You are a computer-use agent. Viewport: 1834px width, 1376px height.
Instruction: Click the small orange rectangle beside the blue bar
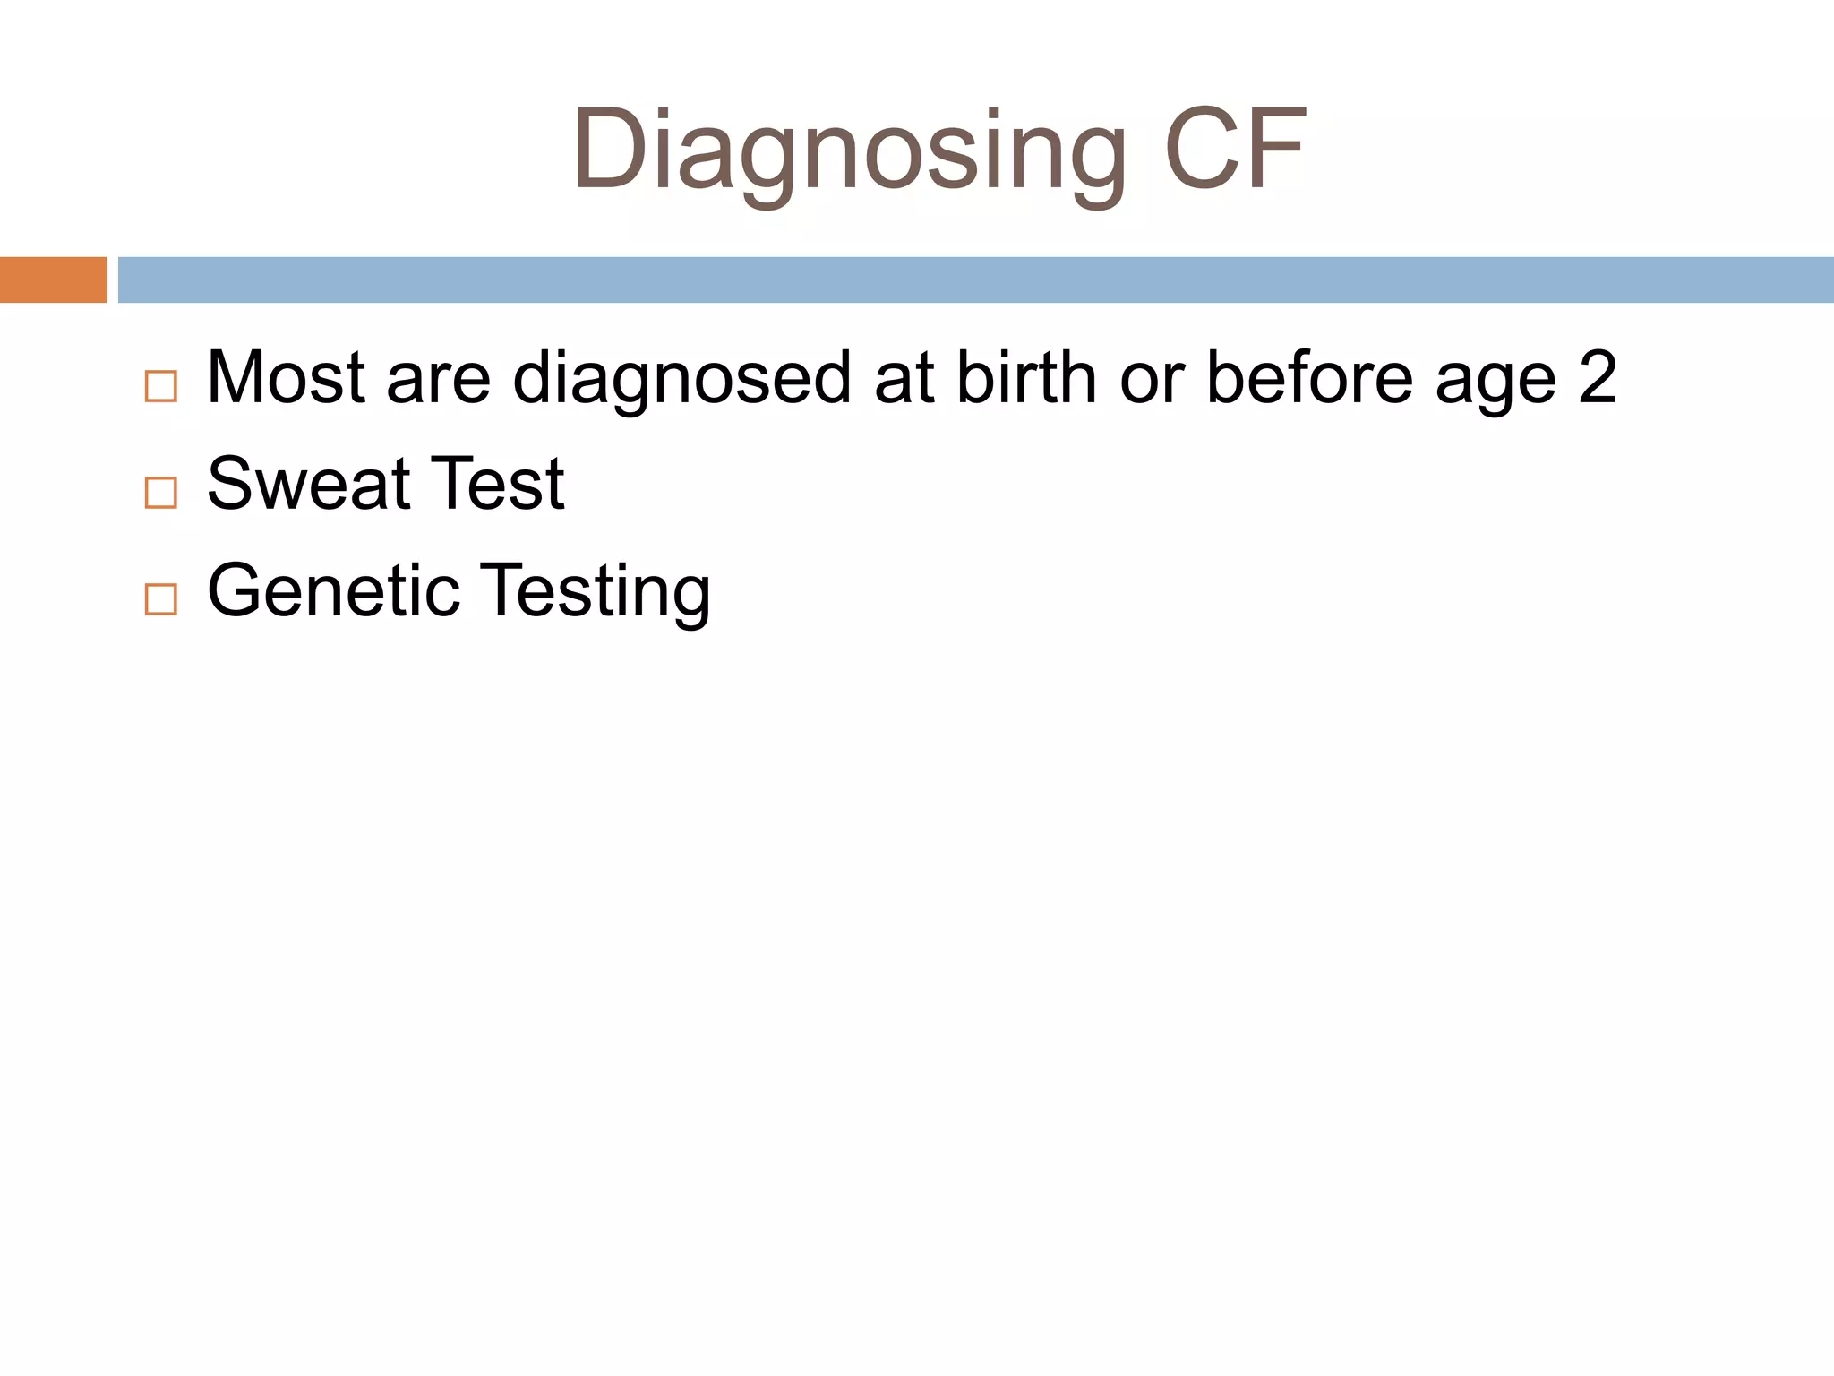[54, 279]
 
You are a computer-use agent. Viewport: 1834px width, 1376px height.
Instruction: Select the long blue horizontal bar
[976, 279]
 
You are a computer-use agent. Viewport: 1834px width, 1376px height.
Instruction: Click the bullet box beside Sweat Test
[161, 493]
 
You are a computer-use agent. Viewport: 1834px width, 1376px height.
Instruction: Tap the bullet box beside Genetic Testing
[161, 598]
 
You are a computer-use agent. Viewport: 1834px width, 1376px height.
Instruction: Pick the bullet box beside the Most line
[161, 386]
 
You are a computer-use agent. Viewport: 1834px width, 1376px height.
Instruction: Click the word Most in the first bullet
[286, 377]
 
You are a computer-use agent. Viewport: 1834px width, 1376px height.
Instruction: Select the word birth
[1026, 377]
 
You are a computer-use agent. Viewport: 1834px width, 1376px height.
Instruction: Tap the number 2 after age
[1598, 377]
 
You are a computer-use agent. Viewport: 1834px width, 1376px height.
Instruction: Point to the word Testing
[598, 591]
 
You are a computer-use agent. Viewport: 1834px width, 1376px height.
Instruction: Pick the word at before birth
[904, 378]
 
